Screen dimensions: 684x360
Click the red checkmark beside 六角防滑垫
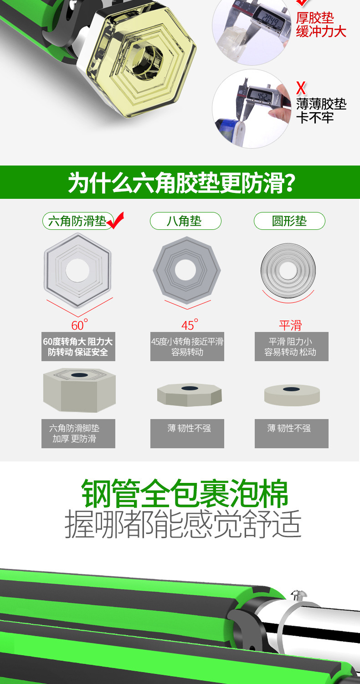pyautogui.click(x=115, y=221)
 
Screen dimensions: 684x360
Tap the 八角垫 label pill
pyautogui.click(x=185, y=221)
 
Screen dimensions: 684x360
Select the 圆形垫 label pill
pyautogui.click(x=289, y=221)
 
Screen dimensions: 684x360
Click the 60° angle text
pyautogui.click(x=79, y=325)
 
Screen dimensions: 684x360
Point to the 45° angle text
pyautogui.click(x=190, y=325)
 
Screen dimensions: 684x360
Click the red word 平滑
pyautogui.click(x=290, y=325)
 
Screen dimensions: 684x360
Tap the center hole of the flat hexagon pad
pyautogui.click(x=77, y=270)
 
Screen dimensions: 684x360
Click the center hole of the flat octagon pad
pyautogui.click(x=185, y=270)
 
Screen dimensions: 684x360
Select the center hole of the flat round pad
pyautogui.click(x=288, y=270)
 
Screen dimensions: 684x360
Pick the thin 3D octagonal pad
pyautogui.click(x=189, y=394)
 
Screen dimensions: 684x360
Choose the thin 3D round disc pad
pyautogui.click(x=292, y=395)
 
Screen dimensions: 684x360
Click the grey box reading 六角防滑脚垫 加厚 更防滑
pyautogui.click(x=78, y=433)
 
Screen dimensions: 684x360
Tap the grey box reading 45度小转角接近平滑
pyautogui.click(x=187, y=347)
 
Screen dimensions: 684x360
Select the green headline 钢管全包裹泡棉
pyautogui.click(x=185, y=494)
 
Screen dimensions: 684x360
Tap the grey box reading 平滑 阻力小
pyautogui.click(x=291, y=347)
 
